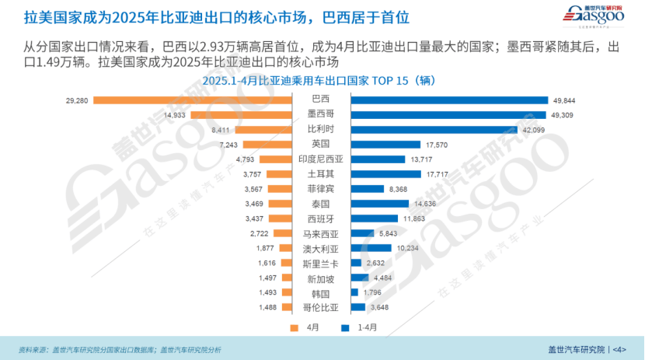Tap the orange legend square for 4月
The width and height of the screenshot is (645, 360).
pyautogui.click(x=294, y=327)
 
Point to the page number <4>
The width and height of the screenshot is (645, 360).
pyautogui.click(x=619, y=349)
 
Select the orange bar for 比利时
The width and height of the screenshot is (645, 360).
pyautogui.click(x=263, y=129)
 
